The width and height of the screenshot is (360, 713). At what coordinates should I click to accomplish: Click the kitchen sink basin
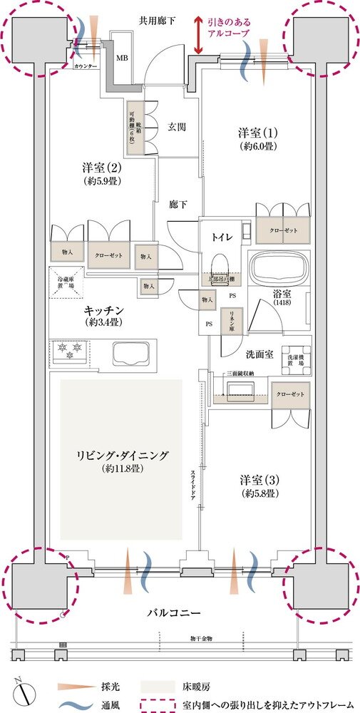click(132, 353)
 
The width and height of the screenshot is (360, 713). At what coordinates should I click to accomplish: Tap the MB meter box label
click(123, 57)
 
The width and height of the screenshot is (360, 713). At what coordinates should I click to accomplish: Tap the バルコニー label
click(179, 612)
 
